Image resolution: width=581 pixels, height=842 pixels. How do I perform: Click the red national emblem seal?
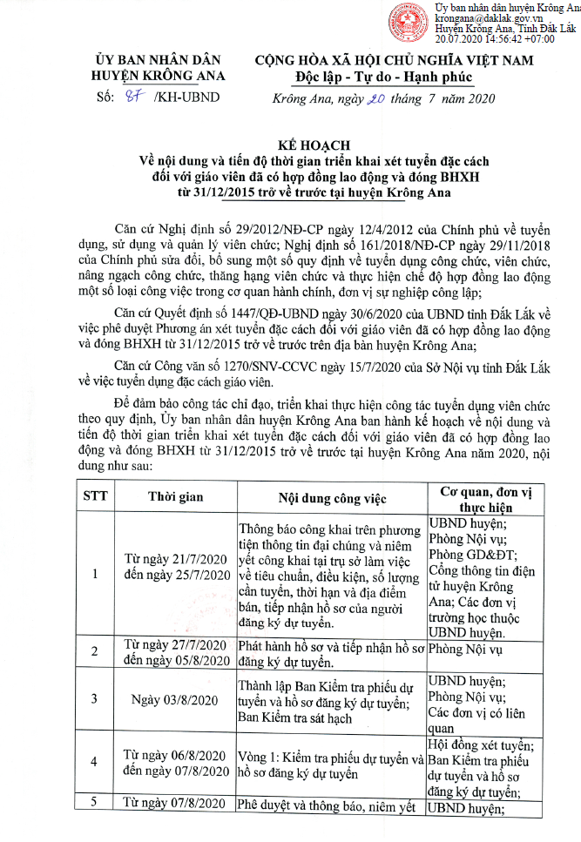tap(416, 22)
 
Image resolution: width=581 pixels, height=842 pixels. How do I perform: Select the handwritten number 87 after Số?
tap(131, 97)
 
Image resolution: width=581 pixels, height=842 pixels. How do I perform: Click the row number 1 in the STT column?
tap(93, 574)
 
